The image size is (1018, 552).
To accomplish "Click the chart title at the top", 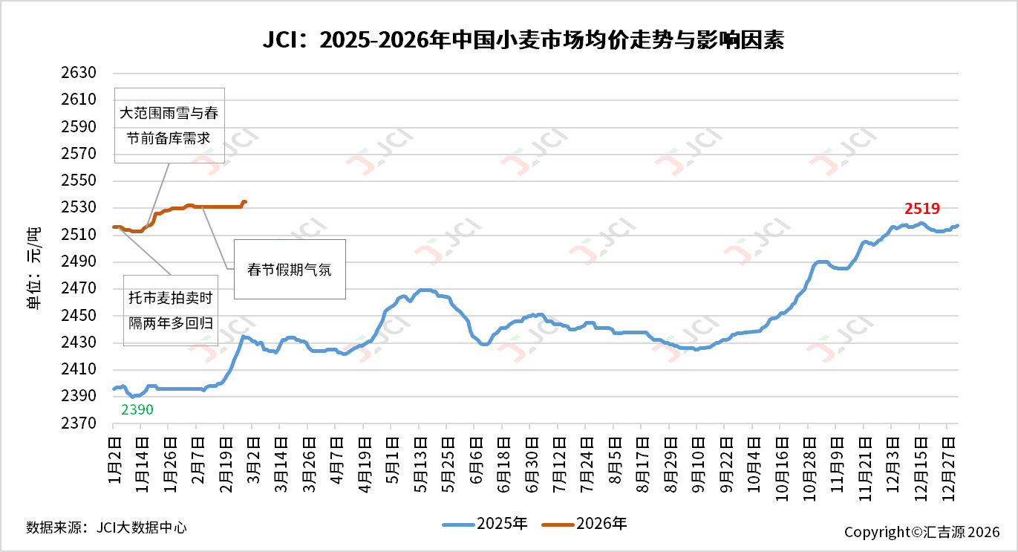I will [523, 40].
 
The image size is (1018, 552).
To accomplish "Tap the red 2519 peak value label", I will [921, 209].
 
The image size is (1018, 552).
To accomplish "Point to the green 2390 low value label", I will [137, 409].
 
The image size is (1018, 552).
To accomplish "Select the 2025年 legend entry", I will [486, 524].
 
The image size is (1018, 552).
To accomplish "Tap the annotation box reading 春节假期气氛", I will [290, 270].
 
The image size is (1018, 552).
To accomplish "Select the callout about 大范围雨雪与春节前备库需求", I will [169, 125].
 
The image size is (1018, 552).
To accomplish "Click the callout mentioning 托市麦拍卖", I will [170, 310].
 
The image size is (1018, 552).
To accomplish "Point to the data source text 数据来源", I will [106, 527].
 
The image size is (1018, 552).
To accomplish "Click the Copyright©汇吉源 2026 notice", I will [921, 532].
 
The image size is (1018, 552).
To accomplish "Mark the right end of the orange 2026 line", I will [245, 201].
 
